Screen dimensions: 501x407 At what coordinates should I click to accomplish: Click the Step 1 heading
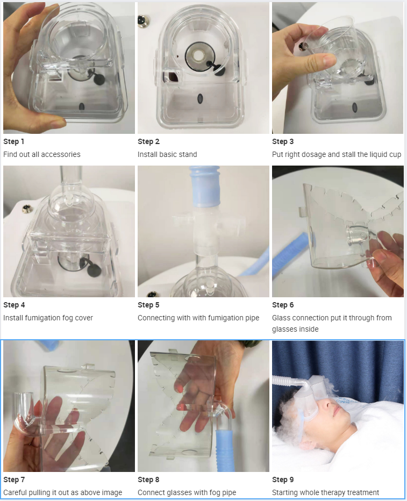click(x=14, y=142)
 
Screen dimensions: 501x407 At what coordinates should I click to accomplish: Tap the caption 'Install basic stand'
click(x=167, y=155)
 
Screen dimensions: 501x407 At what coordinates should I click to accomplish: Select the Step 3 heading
click(x=283, y=142)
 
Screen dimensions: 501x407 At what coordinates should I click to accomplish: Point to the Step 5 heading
click(x=148, y=305)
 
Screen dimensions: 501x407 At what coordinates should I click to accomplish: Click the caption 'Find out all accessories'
click(x=42, y=155)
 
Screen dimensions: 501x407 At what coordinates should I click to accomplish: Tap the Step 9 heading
click(x=283, y=479)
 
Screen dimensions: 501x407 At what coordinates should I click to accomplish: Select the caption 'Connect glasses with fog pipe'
click(x=186, y=493)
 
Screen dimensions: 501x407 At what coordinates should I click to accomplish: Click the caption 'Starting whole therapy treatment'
click(x=325, y=493)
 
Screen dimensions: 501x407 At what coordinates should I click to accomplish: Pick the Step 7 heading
click(x=14, y=479)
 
